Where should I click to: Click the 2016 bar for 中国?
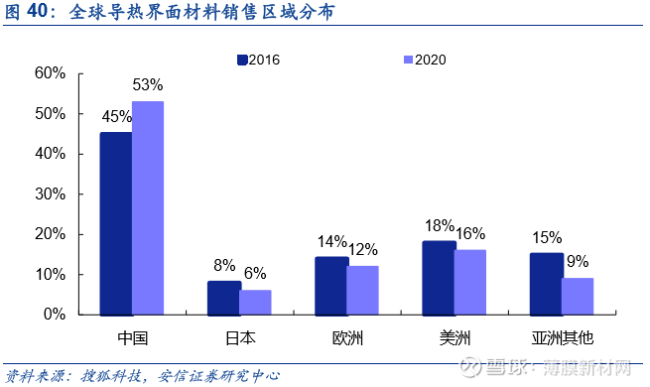[116, 223]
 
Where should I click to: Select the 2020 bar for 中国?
[148, 207]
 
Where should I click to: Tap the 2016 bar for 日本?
[223, 297]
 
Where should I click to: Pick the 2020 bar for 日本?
[255, 302]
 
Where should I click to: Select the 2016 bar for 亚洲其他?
[546, 283]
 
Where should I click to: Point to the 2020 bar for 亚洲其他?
[578, 296]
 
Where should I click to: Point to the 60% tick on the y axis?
[50, 73]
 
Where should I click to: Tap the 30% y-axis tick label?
[50, 193]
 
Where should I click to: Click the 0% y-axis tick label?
[54, 315]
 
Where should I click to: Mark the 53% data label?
[147, 85]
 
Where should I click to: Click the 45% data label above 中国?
[116, 116]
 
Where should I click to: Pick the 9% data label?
[577, 262]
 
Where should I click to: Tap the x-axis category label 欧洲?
[347, 338]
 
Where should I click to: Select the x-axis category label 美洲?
[455, 338]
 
